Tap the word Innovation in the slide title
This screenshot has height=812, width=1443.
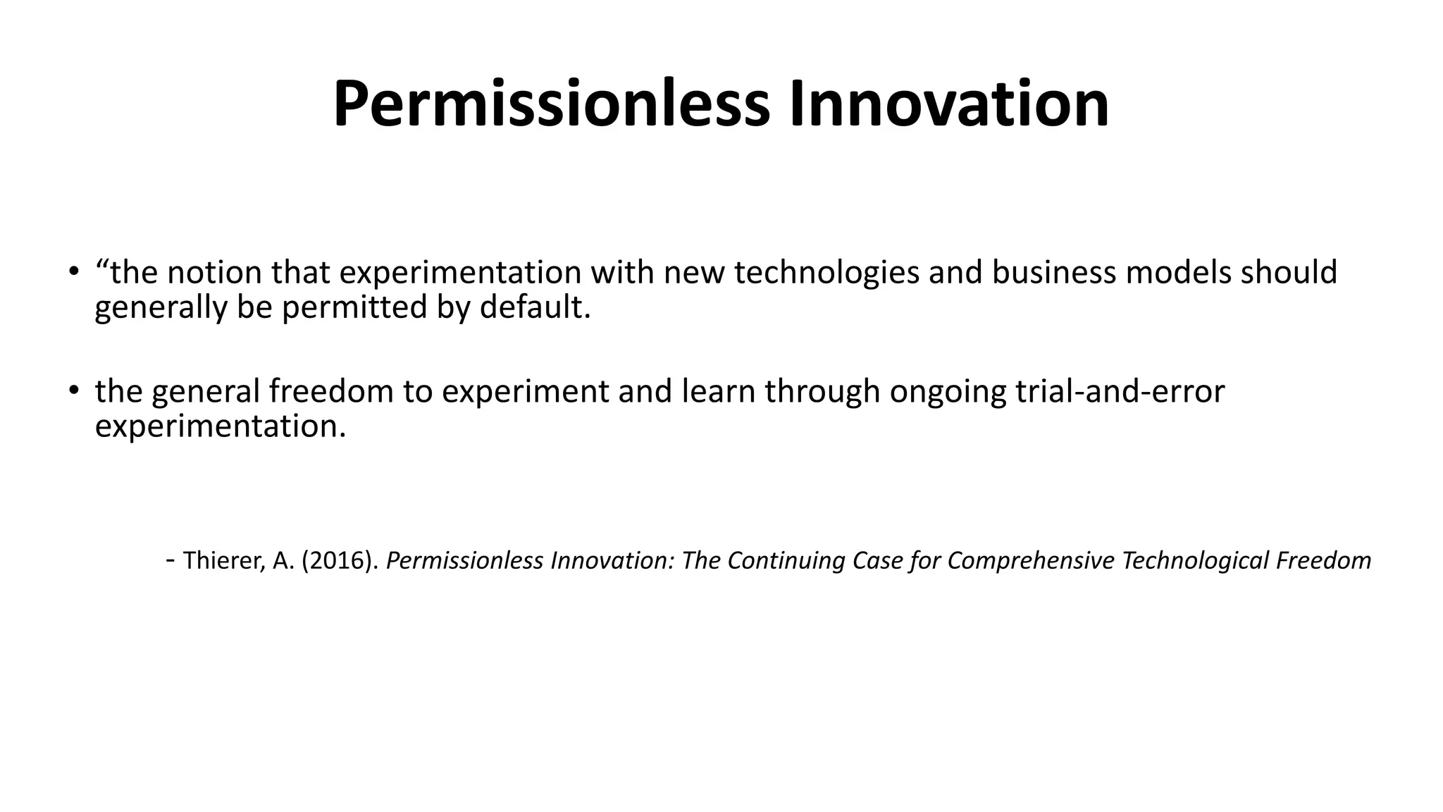point(948,104)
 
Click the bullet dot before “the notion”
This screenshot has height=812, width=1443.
point(73,271)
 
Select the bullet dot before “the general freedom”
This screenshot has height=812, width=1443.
point(73,390)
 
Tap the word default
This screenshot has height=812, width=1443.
point(535,307)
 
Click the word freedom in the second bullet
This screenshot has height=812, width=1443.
point(331,391)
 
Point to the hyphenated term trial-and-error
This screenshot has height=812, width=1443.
point(1120,391)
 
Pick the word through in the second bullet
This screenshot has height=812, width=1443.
point(822,391)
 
